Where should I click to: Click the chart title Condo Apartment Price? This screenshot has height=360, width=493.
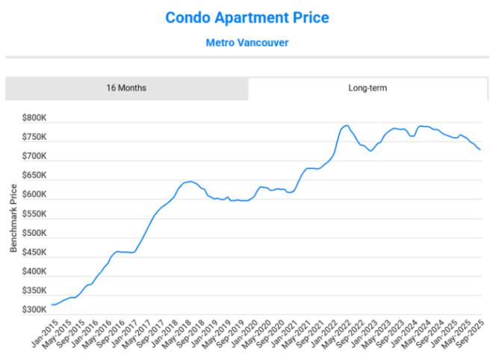pos(246,16)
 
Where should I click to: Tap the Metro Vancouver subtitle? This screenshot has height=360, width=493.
pos(246,43)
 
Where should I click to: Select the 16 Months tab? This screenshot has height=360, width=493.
pos(126,88)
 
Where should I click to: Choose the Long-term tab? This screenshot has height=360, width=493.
pos(368,88)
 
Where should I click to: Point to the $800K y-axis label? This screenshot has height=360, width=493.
pos(34,119)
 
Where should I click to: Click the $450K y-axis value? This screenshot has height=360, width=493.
pos(34,252)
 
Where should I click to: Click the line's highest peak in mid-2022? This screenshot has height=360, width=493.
pos(347,125)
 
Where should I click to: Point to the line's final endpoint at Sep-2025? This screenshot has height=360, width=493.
pos(480,150)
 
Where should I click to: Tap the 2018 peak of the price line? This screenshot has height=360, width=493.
pos(190,181)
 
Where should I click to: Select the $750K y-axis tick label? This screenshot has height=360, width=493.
pos(34,138)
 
